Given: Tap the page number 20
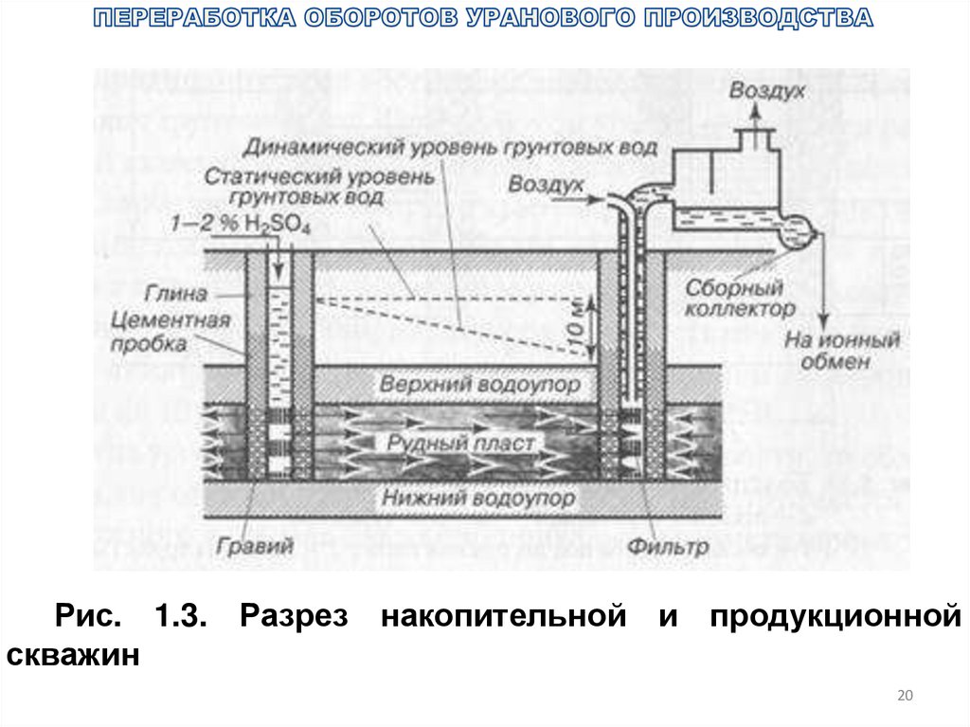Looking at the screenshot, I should (x=904, y=697).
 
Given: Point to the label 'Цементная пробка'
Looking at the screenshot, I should (x=171, y=333).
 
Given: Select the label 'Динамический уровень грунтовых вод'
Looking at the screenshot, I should (x=450, y=148).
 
